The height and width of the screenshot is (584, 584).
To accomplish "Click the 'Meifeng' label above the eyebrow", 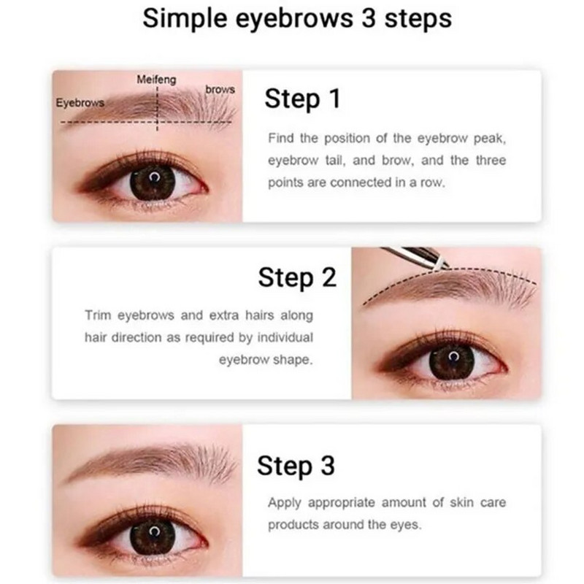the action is point(156,80).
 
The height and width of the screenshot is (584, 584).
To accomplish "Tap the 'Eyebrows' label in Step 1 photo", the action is point(80,103).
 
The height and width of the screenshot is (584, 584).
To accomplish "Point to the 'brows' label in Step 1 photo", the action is point(220,89).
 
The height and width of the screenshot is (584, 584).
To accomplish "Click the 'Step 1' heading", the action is point(302,99).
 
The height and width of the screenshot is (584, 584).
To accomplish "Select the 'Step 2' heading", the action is point(297,278).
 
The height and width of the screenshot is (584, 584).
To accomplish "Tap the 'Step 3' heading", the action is point(296,466).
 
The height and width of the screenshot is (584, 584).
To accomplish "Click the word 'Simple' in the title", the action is point(185,20).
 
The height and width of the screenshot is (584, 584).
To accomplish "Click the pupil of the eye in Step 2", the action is point(452,361).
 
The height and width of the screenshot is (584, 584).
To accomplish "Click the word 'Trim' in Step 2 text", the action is point(98,315).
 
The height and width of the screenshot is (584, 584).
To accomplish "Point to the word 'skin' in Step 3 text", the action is point(461,502).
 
